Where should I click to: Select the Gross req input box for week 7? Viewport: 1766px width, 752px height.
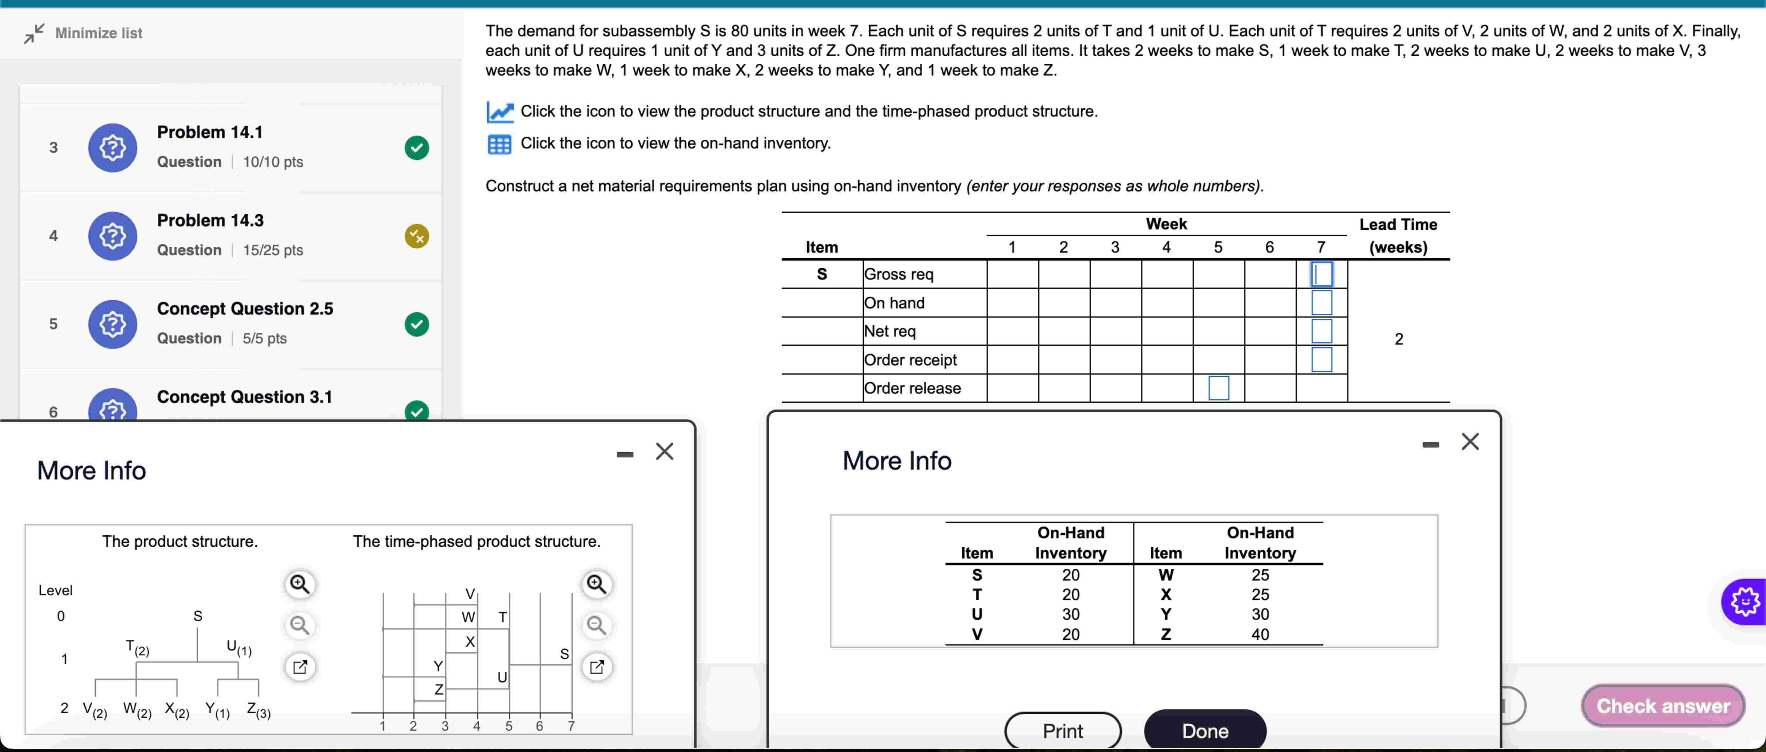click(1321, 274)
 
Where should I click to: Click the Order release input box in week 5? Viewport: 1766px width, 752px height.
click(1218, 388)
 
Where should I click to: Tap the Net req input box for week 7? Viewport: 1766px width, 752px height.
click(1321, 331)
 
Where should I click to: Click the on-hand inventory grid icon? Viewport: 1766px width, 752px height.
click(499, 144)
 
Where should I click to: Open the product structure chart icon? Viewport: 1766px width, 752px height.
click(499, 112)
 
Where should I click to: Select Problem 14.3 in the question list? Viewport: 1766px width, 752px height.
click(210, 221)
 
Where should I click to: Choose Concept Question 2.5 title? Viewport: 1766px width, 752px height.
click(245, 309)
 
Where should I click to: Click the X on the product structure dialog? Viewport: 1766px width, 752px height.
click(664, 452)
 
